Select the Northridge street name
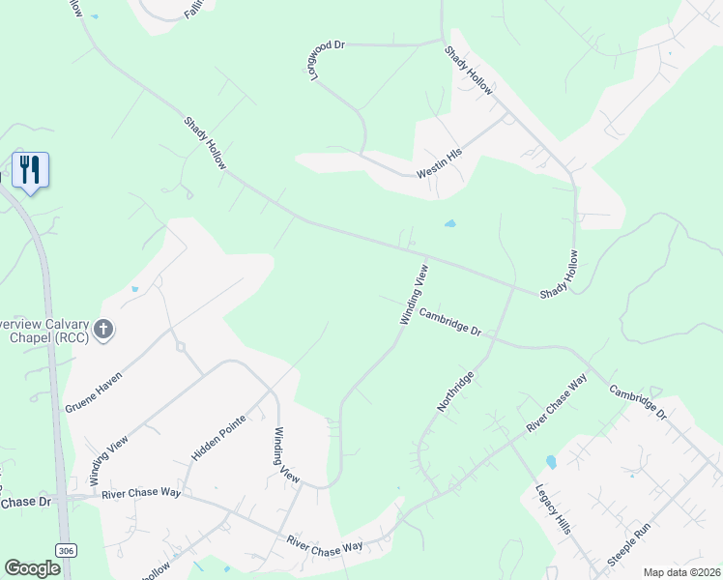point(455,391)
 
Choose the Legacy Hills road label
point(552,508)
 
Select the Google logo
point(32,568)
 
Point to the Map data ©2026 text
point(680,572)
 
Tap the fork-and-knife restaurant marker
point(30,170)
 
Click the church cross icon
point(103,331)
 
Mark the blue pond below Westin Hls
point(450,224)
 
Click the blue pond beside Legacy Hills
point(551,462)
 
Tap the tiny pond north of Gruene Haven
point(134,289)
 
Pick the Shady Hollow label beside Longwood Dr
point(469,72)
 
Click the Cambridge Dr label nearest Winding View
point(449,321)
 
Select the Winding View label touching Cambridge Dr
point(414,292)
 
